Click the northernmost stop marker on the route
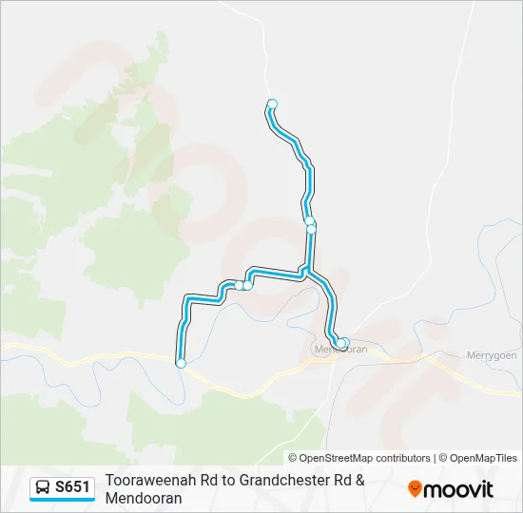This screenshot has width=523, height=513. coord(272,104)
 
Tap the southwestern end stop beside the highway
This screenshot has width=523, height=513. coord(181,362)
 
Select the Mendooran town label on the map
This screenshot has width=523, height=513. coord(340,350)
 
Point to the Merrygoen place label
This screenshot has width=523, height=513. coord(491,355)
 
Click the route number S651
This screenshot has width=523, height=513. coord(73,488)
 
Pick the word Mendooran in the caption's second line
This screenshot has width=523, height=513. coord(144,498)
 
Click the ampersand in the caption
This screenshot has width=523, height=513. coord(360,482)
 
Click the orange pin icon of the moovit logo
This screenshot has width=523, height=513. coord(415,488)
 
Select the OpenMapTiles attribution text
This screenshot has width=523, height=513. coord(483,458)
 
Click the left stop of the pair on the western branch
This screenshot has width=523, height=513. coord(239,285)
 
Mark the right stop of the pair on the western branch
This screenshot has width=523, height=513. coord(248,284)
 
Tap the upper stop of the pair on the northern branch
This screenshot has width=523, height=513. coord(309,220)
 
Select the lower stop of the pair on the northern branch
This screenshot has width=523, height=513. coord(311,229)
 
